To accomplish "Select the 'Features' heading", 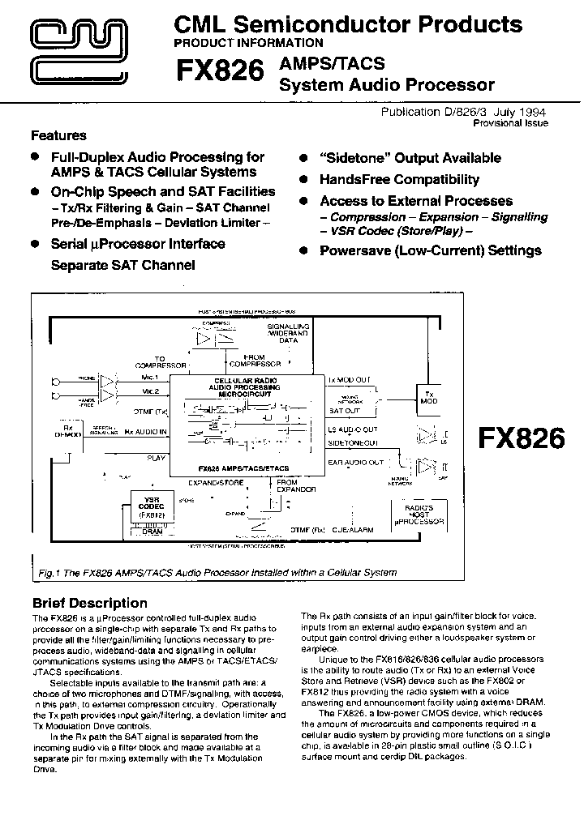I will [x=58, y=135].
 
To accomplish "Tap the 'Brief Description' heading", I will [x=89, y=603].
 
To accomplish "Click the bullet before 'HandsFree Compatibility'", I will [x=303, y=180].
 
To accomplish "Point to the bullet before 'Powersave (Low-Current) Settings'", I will [x=303, y=251].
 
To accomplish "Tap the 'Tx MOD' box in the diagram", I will [x=429, y=396].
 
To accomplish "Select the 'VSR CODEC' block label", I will [x=149, y=504].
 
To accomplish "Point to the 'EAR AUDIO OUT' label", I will [x=355, y=462].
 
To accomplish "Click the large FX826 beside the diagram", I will [x=521, y=438].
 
